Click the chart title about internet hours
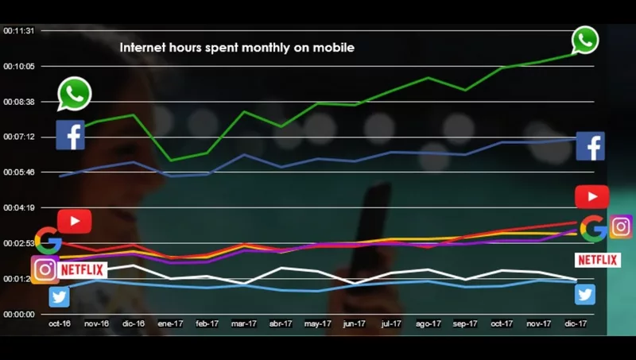[x=237, y=48]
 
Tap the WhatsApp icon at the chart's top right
[x=584, y=40]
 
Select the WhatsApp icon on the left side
[x=75, y=94]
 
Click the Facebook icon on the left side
[x=70, y=135]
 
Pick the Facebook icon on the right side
[x=590, y=146]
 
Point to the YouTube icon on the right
[x=591, y=196]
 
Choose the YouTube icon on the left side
[x=74, y=221]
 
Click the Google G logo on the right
[x=593, y=229]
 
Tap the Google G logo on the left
[x=48, y=240]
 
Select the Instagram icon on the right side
[x=621, y=226]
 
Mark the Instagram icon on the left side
[x=45, y=269]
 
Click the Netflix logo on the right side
[x=598, y=260]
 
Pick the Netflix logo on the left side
[x=83, y=270]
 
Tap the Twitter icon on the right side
[x=585, y=294]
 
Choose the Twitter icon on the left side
[x=59, y=296]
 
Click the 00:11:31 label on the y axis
[x=19, y=31]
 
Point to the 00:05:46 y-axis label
[x=19, y=172]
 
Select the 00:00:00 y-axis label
[x=19, y=314]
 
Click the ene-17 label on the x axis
[x=170, y=324]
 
